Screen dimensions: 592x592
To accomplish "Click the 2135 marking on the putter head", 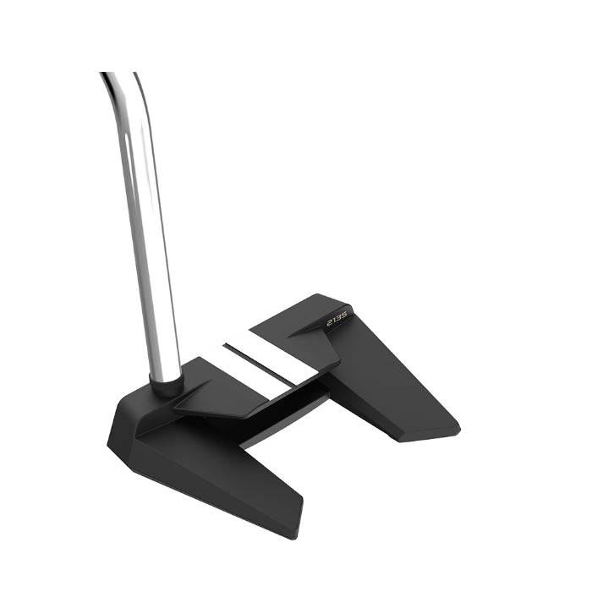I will [337, 319].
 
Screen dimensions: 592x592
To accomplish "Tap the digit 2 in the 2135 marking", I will [328, 322].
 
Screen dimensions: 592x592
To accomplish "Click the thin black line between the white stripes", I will [266, 360].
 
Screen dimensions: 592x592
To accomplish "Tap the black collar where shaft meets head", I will [167, 386].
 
